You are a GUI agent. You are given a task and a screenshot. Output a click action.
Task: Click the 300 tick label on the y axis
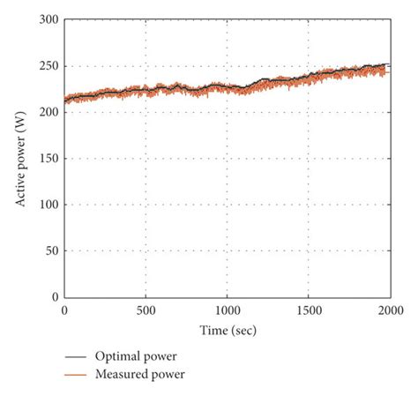(49, 19)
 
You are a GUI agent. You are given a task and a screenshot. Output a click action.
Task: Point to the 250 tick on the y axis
(49, 66)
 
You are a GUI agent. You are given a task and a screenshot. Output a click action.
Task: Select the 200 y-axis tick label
(49, 112)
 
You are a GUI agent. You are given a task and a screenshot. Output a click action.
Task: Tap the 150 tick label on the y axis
(49, 159)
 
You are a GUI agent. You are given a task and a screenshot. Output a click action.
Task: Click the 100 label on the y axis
(49, 205)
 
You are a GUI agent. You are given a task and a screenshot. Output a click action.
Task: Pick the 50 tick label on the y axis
(51, 251)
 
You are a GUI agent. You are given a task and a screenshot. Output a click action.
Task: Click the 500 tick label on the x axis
(146, 310)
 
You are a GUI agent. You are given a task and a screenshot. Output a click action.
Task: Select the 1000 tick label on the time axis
(227, 310)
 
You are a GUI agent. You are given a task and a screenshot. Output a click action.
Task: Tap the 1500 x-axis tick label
(308, 310)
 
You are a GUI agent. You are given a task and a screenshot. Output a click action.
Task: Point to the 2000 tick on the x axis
(389, 310)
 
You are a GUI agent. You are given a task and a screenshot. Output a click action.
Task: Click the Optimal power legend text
(133, 356)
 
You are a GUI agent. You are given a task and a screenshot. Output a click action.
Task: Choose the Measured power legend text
(138, 374)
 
